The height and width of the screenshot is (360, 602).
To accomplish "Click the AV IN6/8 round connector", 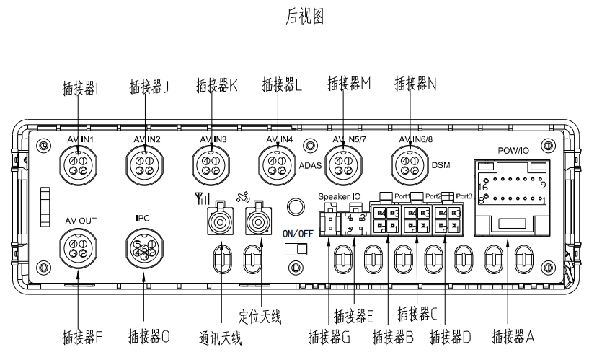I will [410, 165].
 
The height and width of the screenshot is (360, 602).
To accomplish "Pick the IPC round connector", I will [144, 249].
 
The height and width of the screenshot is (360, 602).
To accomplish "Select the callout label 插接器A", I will [513, 336].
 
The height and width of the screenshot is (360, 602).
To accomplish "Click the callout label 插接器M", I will [348, 84].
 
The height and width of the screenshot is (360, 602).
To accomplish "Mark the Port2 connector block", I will [417, 219].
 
